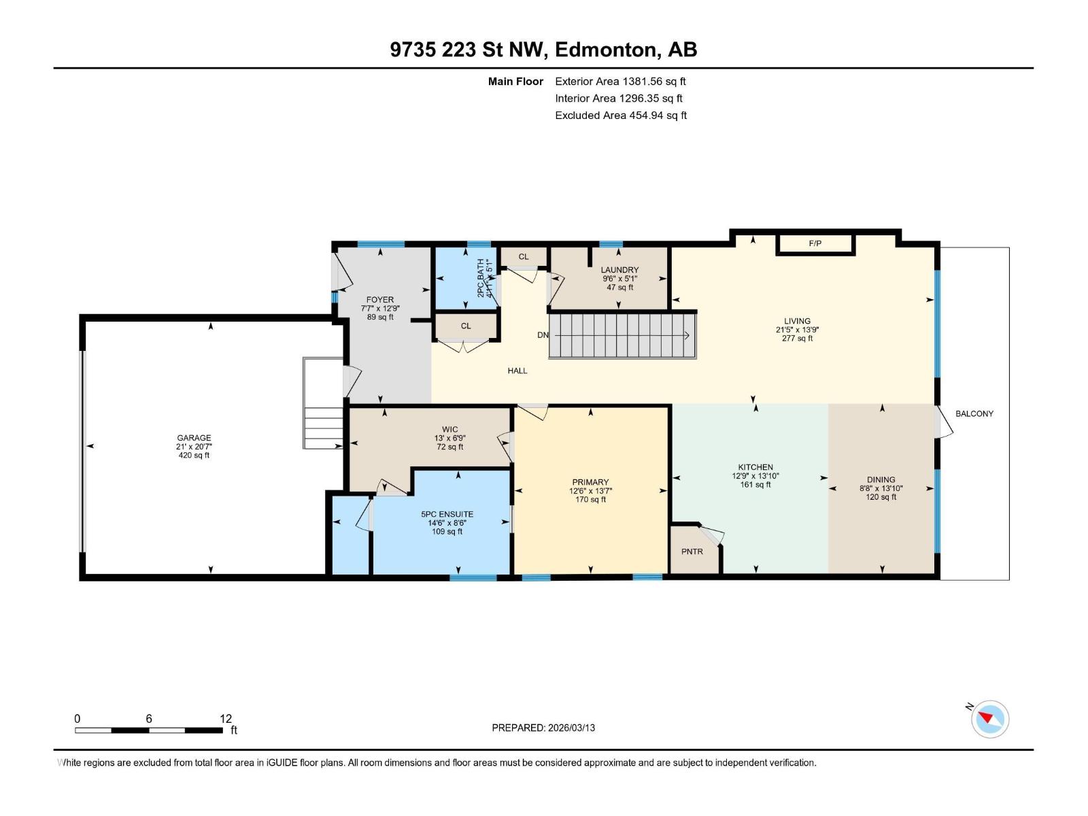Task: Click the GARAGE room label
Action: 194,438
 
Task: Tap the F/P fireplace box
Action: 815,243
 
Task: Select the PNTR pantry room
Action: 692,551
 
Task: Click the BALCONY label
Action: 974,413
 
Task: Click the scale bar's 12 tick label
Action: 226,719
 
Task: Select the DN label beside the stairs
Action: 543,335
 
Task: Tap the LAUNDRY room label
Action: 619,270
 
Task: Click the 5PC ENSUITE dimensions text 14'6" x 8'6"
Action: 447,523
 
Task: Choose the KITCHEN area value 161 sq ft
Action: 755,485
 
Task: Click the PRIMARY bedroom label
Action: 590,482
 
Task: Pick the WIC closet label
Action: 449,429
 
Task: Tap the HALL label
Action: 517,371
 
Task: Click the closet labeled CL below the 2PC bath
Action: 466,326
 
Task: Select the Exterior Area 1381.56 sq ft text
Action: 620,81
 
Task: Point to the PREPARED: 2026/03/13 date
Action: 543,728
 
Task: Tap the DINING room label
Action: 881,479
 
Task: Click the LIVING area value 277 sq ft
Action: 797,338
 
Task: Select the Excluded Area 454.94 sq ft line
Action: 620,115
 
